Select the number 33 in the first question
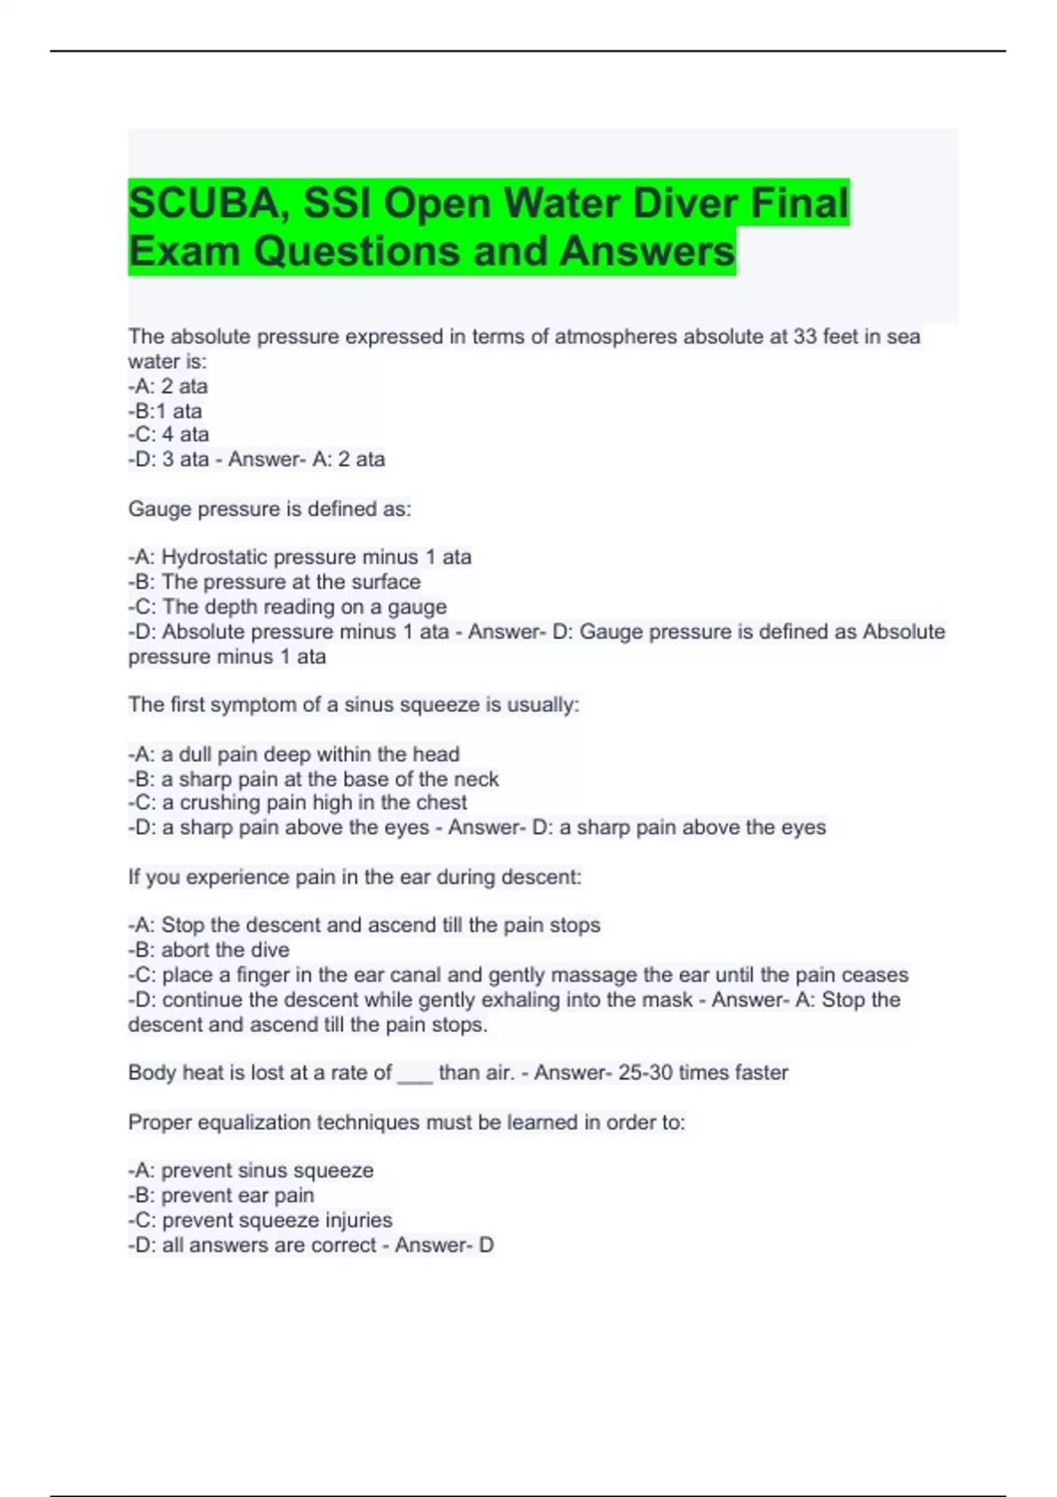[x=804, y=336]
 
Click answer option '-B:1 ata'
[x=166, y=411]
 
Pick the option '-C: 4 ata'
[x=168, y=434]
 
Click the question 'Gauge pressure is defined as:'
[x=270, y=509]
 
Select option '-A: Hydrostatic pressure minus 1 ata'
[x=299, y=557]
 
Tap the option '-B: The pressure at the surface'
[x=274, y=582]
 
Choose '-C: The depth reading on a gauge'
[x=287, y=607]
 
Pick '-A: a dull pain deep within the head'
[x=293, y=754]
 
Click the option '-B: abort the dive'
[x=209, y=950]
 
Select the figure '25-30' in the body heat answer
[x=645, y=1073]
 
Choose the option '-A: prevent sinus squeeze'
[x=251, y=1170]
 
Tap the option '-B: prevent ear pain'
[x=221, y=1195]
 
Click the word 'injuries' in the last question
[x=358, y=1220]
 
